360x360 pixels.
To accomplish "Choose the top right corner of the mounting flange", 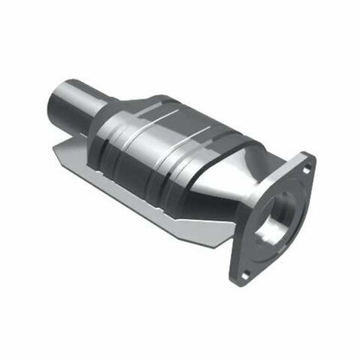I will [310, 158].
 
